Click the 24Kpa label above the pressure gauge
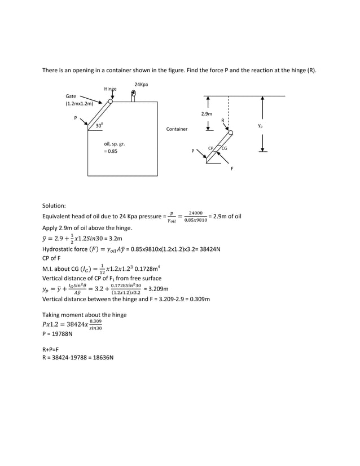tap(141, 84)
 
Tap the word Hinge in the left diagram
tap(110, 89)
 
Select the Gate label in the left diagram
tap(72, 96)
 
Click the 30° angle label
tap(99, 126)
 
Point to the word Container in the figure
tap(177, 129)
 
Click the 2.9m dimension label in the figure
tap(207, 114)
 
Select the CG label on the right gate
tap(224, 148)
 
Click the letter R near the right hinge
tap(222, 120)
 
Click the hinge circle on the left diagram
tap(111, 102)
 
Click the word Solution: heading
tap(55, 207)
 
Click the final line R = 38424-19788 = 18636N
tap(78, 358)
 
